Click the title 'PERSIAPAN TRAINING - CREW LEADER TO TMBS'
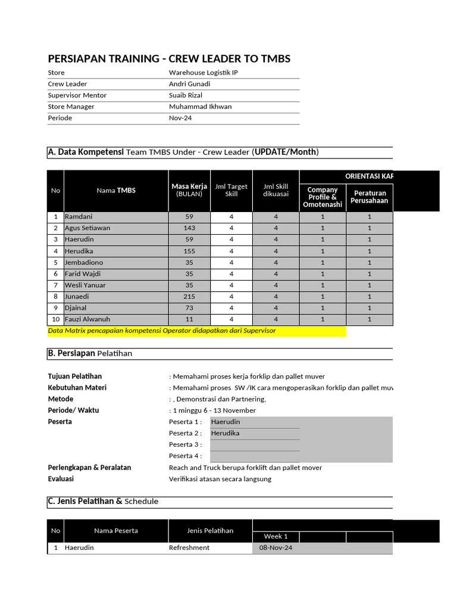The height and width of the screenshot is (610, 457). [169, 58]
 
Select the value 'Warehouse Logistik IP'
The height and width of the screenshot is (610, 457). [204, 73]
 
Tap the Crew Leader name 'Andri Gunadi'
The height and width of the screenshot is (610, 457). [189, 84]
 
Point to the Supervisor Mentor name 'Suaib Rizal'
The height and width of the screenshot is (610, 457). [187, 95]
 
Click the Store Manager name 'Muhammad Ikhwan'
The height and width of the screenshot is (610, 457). [200, 107]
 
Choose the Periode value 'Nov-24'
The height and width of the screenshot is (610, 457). [177, 118]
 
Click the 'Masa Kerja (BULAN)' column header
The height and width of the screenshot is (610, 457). [189, 190]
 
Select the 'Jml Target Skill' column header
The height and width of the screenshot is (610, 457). [231, 190]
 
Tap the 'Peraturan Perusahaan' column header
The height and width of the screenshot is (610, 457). [369, 197]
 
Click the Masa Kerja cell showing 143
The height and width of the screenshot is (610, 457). [189, 228]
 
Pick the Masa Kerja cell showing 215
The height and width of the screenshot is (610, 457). [189, 297]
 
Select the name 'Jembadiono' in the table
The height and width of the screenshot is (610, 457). [84, 262]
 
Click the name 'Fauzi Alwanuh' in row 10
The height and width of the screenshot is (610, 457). [87, 319]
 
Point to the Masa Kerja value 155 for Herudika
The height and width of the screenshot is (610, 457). [189, 251]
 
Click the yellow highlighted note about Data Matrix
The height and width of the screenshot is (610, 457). [196, 331]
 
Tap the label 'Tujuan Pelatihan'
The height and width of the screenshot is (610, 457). [74, 376]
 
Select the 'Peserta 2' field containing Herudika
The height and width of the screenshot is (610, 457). [255, 433]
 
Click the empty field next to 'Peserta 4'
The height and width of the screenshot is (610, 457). [255, 456]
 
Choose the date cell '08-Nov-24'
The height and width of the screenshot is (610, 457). [276, 548]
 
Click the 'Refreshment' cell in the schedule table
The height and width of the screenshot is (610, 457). [189, 548]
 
